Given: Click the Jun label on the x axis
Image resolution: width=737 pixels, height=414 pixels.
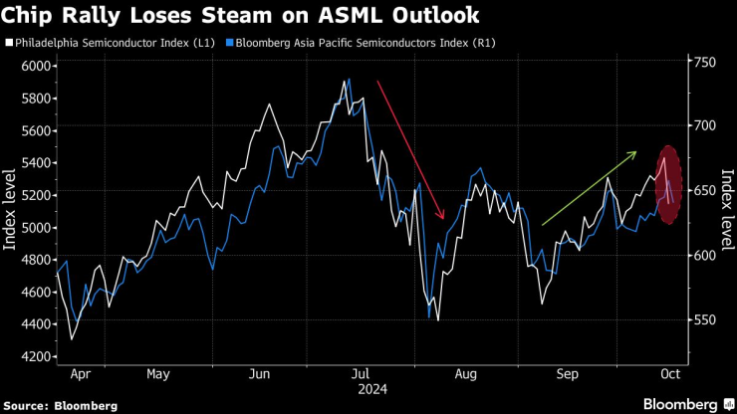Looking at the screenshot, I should point(259,376).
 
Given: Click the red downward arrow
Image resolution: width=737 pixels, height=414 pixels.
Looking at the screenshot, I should point(409,149).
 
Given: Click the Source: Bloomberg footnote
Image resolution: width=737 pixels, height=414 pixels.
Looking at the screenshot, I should point(61,405).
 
